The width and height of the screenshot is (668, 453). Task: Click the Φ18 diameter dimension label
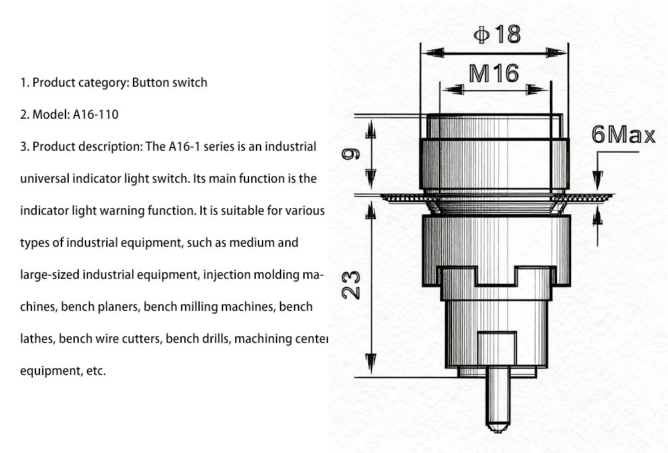point(497,33)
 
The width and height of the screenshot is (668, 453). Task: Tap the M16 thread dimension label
point(494,73)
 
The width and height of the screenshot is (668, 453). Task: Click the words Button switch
point(170,83)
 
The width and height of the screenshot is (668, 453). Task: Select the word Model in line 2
point(47,114)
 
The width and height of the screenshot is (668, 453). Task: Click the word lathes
point(37,339)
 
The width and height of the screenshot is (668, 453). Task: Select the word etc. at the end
point(96,371)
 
